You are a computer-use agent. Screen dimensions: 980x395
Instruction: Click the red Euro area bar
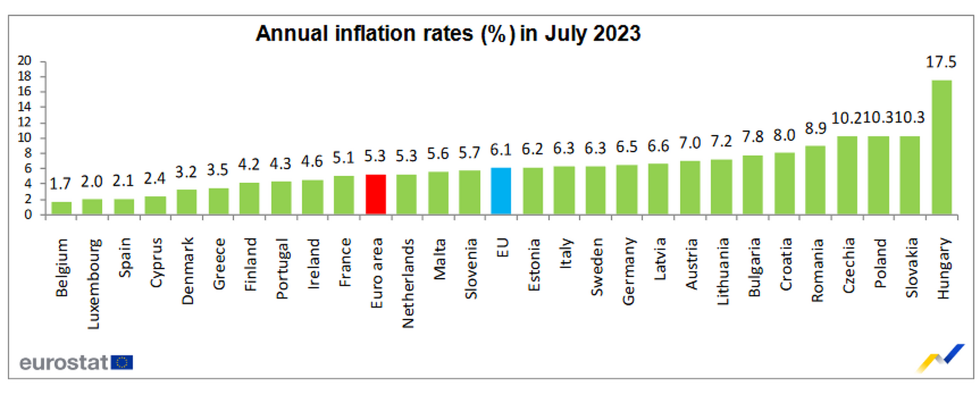click(376, 194)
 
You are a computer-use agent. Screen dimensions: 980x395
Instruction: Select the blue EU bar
click(501, 191)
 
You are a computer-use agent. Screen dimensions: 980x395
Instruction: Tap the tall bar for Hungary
click(942, 147)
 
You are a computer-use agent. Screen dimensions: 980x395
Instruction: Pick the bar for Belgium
click(61, 208)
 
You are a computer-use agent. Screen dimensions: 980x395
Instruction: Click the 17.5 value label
click(941, 62)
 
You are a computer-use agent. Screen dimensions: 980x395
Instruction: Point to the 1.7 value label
click(60, 184)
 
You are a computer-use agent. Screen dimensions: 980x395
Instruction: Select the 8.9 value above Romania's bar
click(816, 129)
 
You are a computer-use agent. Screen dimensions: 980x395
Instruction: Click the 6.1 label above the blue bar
click(501, 150)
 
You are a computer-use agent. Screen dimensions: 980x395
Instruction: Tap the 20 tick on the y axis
click(24, 61)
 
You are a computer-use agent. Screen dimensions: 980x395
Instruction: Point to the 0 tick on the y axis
click(28, 215)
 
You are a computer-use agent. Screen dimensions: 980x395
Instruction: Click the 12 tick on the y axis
click(24, 122)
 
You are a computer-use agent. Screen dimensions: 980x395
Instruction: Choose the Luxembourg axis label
click(93, 284)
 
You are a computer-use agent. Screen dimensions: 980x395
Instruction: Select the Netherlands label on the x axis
click(407, 284)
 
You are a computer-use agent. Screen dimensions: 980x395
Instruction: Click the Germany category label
click(628, 271)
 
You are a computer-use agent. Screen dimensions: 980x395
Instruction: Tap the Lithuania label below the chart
click(722, 271)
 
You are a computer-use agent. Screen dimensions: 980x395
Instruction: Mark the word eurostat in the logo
click(64, 363)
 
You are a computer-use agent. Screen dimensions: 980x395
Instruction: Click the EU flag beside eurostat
click(122, 362)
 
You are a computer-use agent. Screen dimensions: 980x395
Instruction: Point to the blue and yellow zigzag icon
click(941, 358)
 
